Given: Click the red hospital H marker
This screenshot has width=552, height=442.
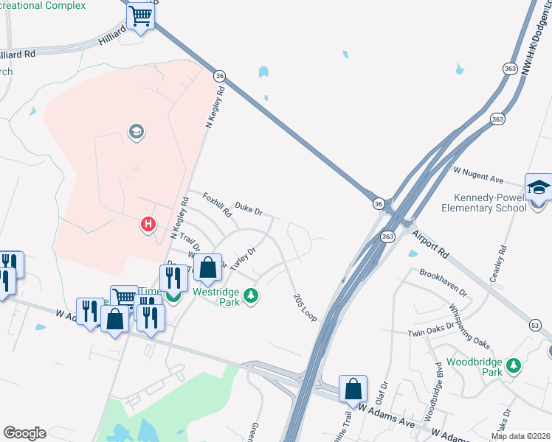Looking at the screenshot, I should pyautogui.click(x=148, y=223).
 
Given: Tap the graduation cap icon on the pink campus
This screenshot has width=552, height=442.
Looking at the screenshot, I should pyautogui.click(x=136, y=133).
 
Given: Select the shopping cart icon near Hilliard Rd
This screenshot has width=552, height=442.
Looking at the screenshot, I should pyautogui.click(x=140, y=15).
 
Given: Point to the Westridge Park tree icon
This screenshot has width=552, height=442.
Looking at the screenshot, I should pyautogui.click(x=252, y=295).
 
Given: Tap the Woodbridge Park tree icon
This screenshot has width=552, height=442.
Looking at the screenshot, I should pyautogui.click(x=515, y=365).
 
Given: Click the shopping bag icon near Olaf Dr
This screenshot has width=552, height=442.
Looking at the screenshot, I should pyautogui.click(x=353, y=388).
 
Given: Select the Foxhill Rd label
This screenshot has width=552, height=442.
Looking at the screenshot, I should pyautogui.click(x=218, y=204).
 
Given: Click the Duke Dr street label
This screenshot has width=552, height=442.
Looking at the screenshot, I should pyautogui.click(x=249, y=211).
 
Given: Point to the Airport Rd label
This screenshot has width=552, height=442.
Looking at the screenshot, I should pyautogui.click(x=431, y=241).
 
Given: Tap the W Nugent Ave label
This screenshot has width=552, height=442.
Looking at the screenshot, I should pyautogui.click(x=477, y=175).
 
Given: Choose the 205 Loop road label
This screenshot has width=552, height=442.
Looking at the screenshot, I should pyautogui.click(x=303, y=304).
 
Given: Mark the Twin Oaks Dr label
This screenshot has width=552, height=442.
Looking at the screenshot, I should pyautogui.click(x=431, y=332).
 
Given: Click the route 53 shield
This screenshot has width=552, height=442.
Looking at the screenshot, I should pyautogui.click(x=535, y=325).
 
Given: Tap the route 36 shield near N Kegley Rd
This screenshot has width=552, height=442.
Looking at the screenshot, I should pyautogui.click(x=219, y=76).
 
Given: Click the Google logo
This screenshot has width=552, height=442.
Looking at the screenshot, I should pyautogui.click(x=24, y=433).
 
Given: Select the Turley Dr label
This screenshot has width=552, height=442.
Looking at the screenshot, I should pyautogui.click(x=244, y=259).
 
